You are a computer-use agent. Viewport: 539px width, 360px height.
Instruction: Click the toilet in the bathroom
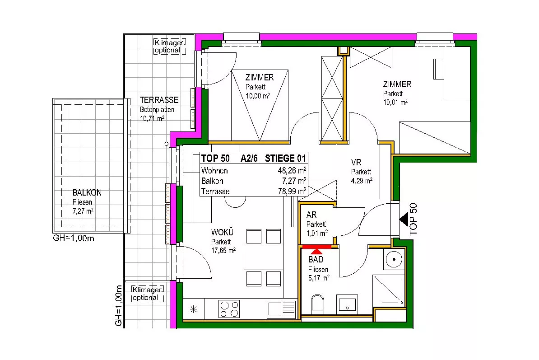click(317, 304)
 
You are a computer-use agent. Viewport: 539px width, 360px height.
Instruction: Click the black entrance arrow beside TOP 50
click(404, 220)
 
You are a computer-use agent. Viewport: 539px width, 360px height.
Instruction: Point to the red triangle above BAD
click(316, 251)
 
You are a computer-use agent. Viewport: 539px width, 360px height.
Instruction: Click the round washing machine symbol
click(394, 259)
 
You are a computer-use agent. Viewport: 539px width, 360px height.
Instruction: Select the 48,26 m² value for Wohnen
click(292, 170)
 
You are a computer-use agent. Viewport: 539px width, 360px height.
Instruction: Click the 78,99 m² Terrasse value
click(292, 191)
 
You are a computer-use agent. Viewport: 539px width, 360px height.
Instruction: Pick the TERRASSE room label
click(159, 100)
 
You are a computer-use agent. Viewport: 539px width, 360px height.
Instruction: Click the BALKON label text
click(87, 192)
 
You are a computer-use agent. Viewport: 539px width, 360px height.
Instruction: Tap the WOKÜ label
click(222, 233)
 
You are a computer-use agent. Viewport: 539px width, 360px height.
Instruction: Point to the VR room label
click(356, 162)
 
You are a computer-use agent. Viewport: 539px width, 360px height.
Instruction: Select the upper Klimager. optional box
click(169, 47)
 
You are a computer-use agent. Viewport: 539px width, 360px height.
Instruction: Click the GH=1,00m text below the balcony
click(74, 238)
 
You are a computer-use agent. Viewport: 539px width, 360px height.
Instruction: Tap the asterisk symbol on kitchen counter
click(194, 309)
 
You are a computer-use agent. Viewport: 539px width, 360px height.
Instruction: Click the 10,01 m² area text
click(395, 102)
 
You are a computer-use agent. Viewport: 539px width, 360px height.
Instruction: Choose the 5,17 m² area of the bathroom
click(319, 278)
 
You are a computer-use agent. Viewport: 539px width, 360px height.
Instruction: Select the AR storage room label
click(311, 215)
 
